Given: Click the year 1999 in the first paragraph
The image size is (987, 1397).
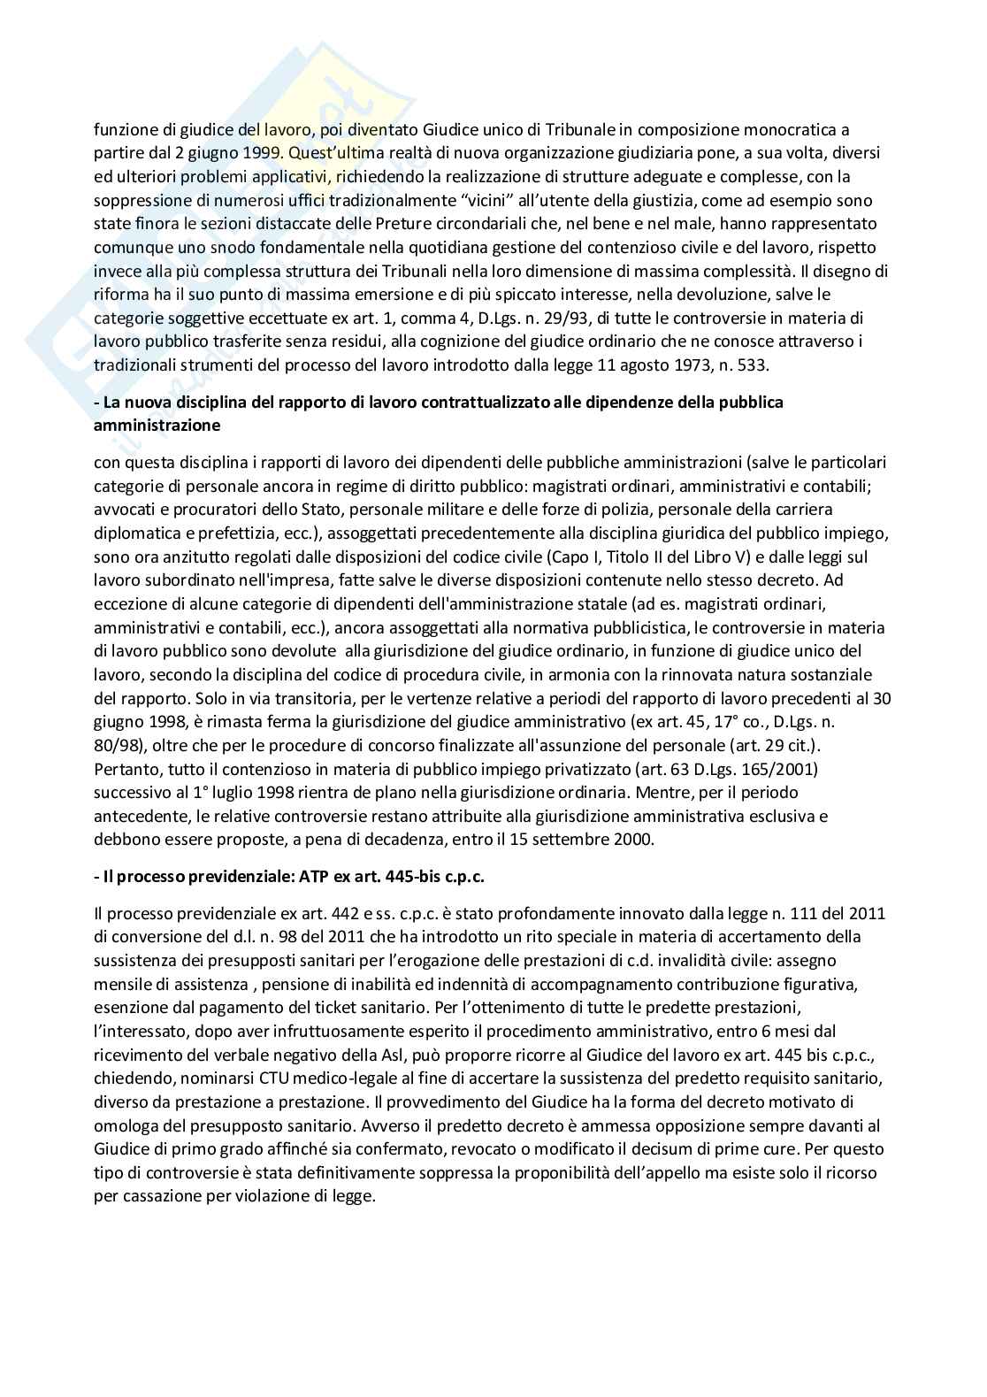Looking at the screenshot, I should coord(268,153).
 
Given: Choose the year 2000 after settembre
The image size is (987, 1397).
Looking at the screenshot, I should coord(637,839).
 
